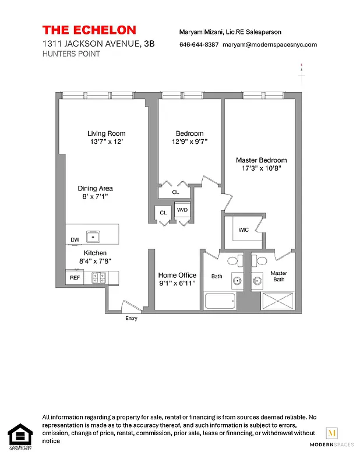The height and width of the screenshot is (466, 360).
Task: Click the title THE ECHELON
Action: [x=89, y=30]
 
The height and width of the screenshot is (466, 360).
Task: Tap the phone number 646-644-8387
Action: [x=199, y=44]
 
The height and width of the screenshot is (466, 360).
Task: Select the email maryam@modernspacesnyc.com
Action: [x=270, y=44]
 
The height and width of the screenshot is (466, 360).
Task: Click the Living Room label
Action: [x=107, y=133]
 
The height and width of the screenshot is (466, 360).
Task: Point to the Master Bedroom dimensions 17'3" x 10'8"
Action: [x=261, y=168]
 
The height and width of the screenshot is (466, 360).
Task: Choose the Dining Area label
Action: [x=95, y=188]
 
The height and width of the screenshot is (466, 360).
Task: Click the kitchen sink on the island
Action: [x=93, y=236]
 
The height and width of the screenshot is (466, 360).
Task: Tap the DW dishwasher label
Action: [x=75, y=240]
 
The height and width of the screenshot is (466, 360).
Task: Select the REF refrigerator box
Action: [x=75, y=278]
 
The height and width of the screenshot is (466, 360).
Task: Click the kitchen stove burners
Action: [x=97, y=278]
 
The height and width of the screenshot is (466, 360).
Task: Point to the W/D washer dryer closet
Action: [x=182, y=209]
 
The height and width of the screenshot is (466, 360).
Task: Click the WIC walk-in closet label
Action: [x=243, y=230]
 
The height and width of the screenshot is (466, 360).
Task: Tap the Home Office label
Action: [x=177, y=275]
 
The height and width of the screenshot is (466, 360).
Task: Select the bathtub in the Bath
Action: [x=219, y=302]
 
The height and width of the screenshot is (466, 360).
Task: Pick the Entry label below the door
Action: [x=132, y=319]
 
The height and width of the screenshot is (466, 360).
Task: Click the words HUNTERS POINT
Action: [x=71, y=54]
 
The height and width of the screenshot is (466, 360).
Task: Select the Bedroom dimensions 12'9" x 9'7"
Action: [x=189, y=142]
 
